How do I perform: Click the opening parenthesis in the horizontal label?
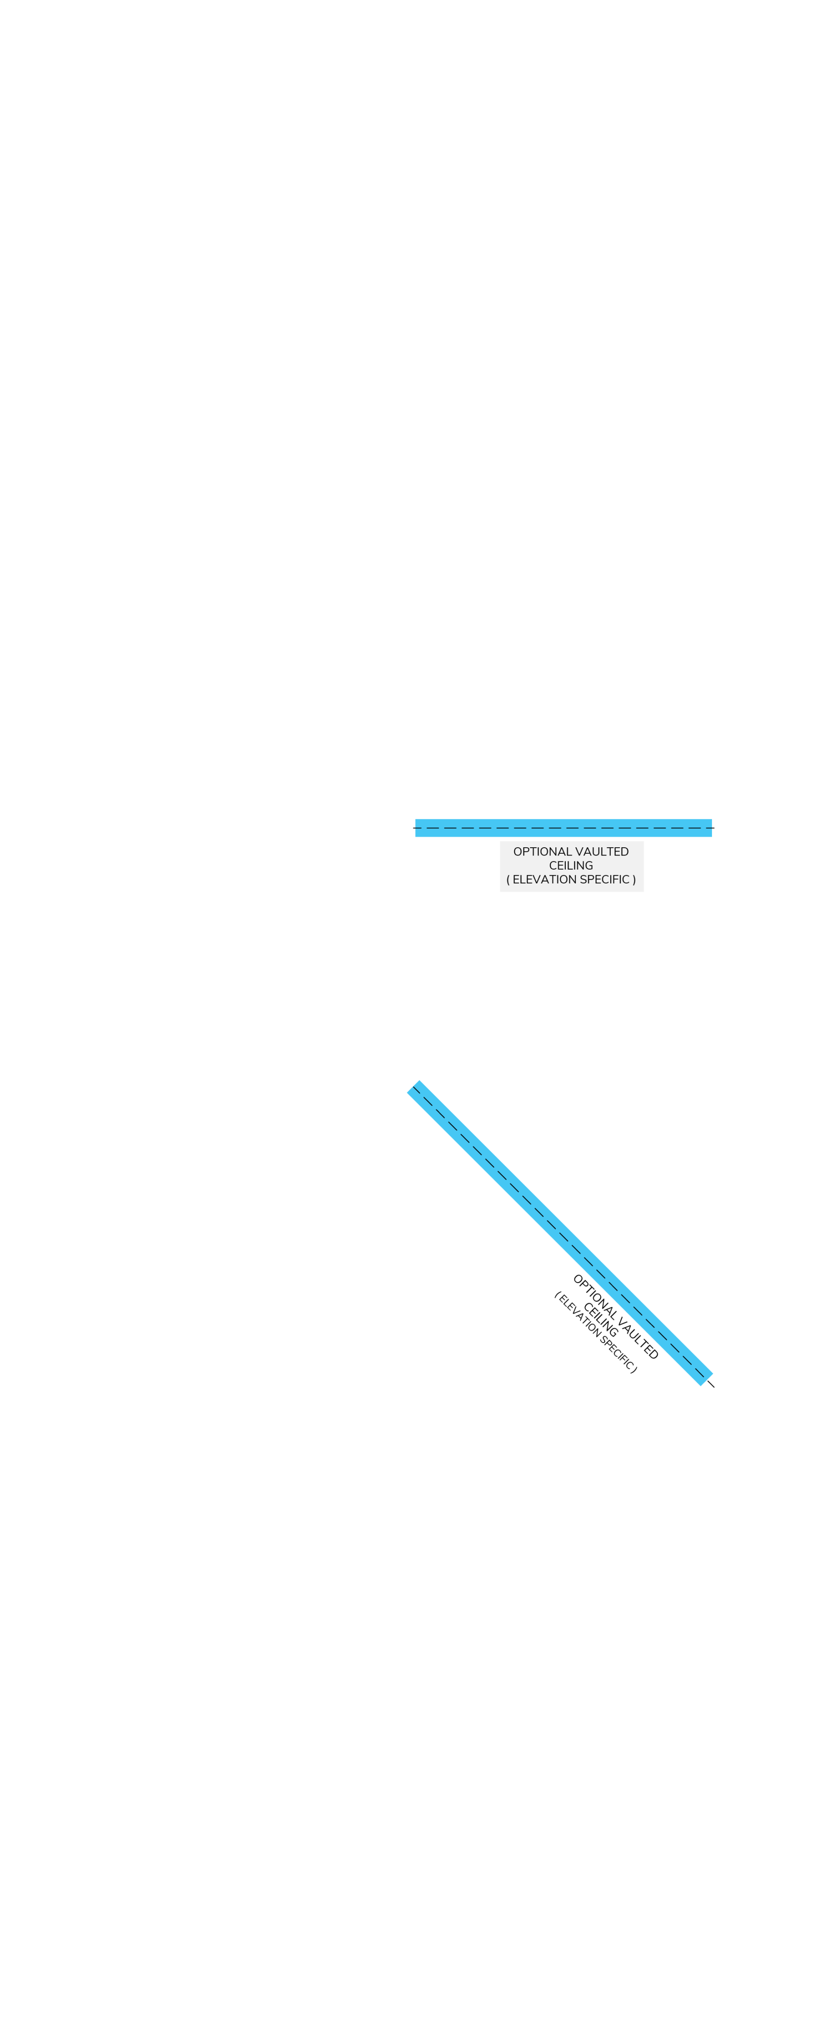tap(508, 879)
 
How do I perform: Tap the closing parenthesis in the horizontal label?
tap(634, 879)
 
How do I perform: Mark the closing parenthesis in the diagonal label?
tap(634, 1371)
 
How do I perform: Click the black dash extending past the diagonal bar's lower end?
tap(711, 1384)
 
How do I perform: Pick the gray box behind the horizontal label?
tap(572, 866)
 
